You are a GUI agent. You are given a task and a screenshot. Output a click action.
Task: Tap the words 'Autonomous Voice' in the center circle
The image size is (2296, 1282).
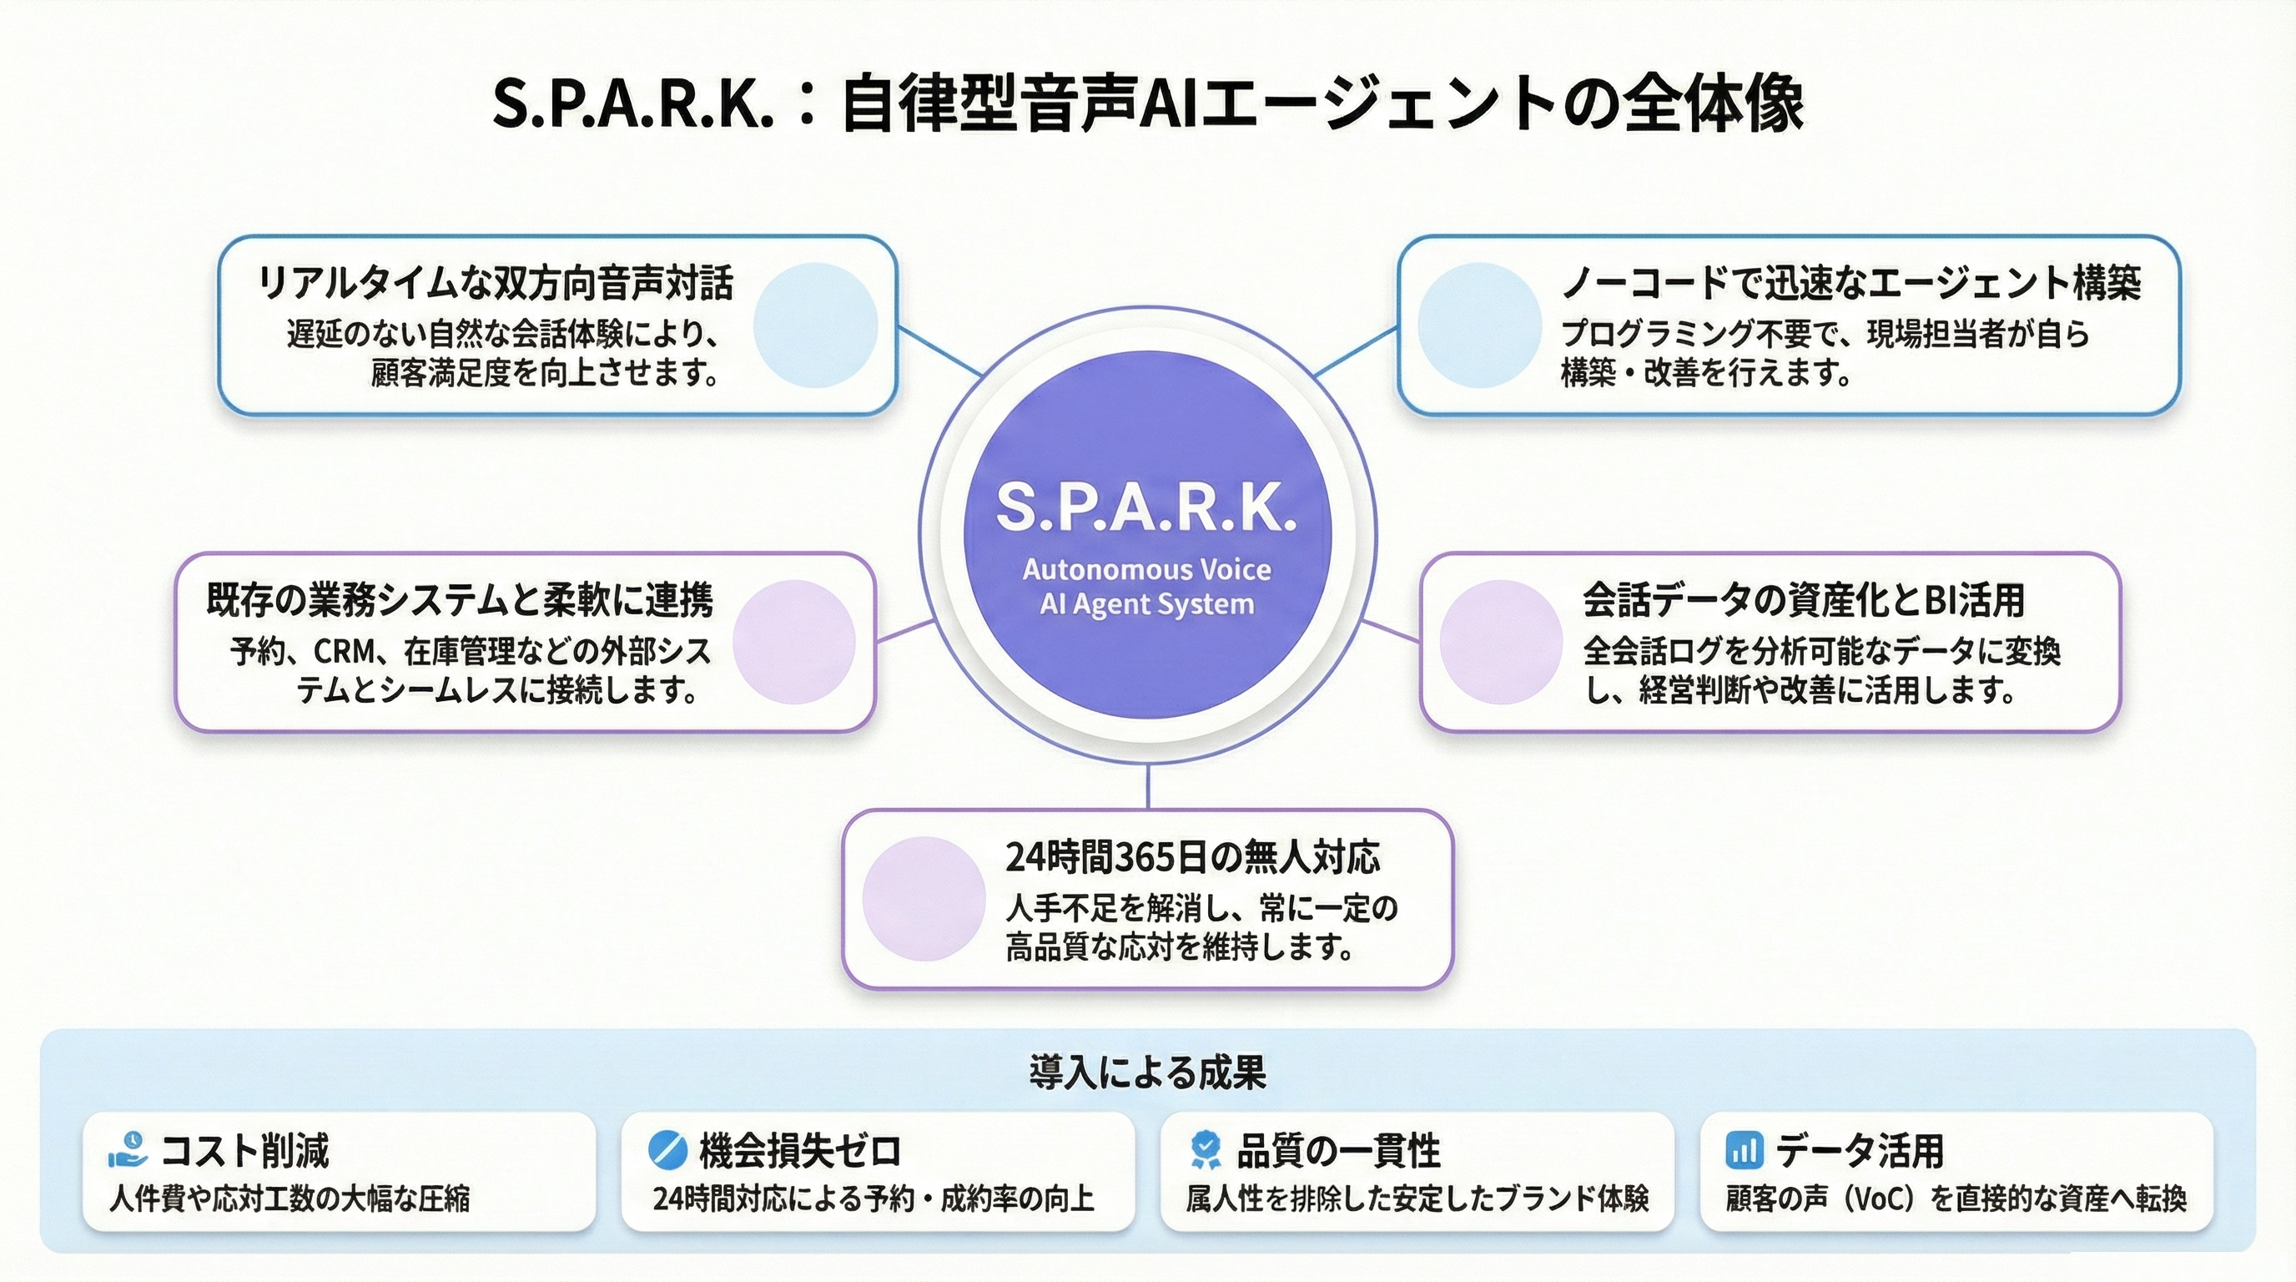click(x=1146, y=568)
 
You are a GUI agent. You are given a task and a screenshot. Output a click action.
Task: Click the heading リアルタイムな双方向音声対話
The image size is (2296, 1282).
click(x=496, y=284)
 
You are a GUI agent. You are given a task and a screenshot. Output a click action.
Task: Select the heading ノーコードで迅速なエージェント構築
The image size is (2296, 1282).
click(x=1850, y=284)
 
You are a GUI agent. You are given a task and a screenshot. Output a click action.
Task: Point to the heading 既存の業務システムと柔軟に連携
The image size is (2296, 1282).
click(x=460, y=600)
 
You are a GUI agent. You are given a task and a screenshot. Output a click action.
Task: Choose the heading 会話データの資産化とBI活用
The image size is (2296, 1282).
click(x=1803, y=600)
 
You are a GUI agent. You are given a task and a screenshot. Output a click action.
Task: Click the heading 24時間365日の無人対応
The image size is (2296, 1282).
click(x=1192, y=858)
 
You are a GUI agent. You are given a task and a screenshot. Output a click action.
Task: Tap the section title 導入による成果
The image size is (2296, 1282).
click(x=1147, y=1073)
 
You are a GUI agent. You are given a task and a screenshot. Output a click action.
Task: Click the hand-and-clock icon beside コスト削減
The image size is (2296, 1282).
click(x=128, y=1149)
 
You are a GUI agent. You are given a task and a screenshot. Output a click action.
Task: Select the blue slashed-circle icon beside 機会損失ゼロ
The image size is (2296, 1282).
click(x=667, y=1150)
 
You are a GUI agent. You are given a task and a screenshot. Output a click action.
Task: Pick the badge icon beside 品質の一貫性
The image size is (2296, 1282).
click(x=1206, y=1150)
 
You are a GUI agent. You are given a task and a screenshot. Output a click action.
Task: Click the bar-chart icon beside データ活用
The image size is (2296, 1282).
click(x=1745, y=1150)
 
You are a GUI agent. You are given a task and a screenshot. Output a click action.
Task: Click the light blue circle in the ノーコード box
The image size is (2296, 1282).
click(x=1479, y=325)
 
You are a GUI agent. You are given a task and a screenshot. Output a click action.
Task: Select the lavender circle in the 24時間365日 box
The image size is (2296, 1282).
click(x=924, y=899)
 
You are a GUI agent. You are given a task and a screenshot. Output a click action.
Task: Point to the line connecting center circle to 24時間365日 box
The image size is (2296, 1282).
click(x=1147, y=786)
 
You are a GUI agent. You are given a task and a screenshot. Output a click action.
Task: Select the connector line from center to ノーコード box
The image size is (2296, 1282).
click(x=1355, y=352)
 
